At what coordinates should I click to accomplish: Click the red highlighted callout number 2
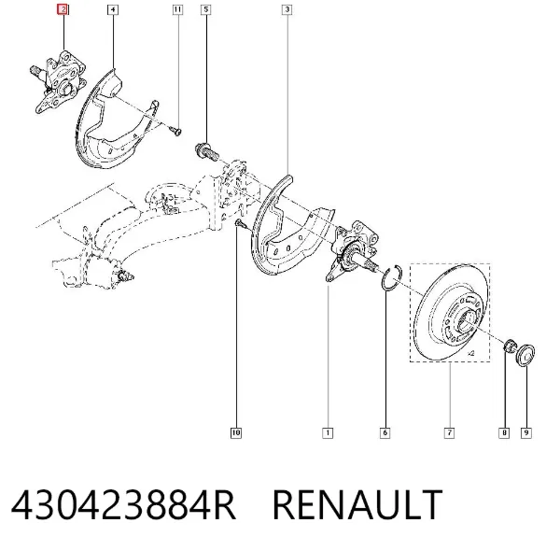[63, 9]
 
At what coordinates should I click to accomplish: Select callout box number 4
[113, 9]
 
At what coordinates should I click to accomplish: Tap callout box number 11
[177, 9]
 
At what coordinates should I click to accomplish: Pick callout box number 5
[205, 9]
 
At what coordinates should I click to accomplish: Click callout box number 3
[287, 9]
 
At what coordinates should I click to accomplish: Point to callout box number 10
[236, 432]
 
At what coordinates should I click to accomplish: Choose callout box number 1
[328, 432]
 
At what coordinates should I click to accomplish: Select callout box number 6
[385, 432]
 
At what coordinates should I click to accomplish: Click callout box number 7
[449, 432]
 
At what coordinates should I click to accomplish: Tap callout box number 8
[504, 432]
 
